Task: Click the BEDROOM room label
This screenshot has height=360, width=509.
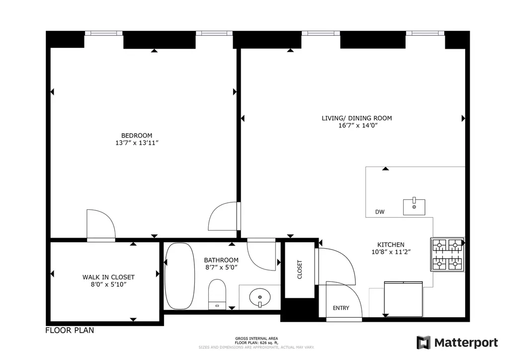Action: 137,136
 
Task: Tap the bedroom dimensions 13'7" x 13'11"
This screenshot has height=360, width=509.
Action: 137,143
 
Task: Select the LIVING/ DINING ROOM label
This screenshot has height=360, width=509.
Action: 357,118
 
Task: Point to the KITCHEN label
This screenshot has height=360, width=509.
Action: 391,245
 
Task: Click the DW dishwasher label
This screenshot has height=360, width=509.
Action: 380,212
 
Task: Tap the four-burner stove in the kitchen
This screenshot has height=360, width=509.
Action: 447,255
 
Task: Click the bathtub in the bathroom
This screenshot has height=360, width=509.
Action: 180,276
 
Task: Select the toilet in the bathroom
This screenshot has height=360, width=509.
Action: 217,294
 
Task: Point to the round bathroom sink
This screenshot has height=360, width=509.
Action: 259,297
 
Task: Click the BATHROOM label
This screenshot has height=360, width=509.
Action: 221,260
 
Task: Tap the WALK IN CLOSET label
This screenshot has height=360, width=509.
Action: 108,277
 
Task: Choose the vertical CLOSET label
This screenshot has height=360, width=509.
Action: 300,270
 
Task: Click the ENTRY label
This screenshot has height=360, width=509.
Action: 341,308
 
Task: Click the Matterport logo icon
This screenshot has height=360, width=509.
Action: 424,343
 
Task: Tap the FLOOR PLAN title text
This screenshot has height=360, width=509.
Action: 70,331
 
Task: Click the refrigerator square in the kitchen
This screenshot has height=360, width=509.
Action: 404,299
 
